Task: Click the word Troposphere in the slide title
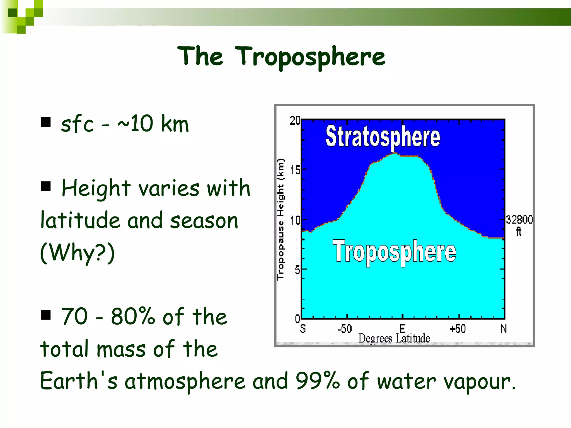pos(311,57)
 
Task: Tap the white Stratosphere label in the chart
pos(383,137)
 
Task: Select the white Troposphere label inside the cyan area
pos(394,252)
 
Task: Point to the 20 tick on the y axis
pos(295,121)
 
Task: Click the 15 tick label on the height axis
pos(295,170)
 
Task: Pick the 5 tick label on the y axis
pos(297,270)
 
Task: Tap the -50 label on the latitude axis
pos(345,329)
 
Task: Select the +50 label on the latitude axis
pos(458,329)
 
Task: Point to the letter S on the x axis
pos(303,329)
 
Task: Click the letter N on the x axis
pos(503,329)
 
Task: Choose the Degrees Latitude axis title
pos(394,338)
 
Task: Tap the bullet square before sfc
pos(45,122)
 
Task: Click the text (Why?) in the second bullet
pos(78,253)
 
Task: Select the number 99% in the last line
pos(318,381)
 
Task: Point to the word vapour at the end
pos(480,382)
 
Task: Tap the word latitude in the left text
pos(80,220)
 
